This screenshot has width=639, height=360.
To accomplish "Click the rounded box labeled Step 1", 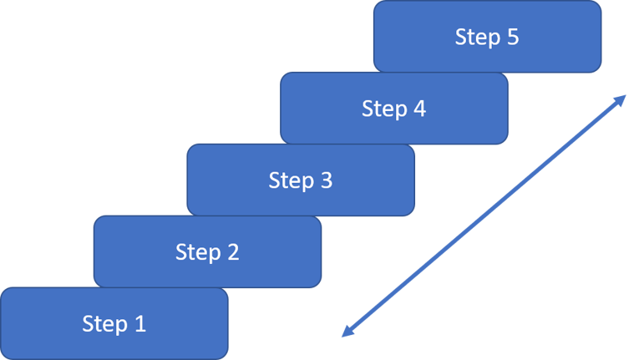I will (114, 323).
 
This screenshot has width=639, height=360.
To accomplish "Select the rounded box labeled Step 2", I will (207, 251).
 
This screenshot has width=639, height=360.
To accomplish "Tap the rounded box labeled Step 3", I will (301, 180).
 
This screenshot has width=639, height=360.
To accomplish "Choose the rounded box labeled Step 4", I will (393, 108).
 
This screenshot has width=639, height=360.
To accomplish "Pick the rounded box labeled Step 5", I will (487, 36).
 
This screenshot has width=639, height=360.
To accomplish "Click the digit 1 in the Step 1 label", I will (140, 323).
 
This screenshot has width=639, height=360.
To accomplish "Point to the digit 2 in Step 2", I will (233, 251).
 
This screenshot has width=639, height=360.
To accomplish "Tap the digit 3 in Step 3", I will (326, 180).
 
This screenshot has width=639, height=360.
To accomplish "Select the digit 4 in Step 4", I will (419, 108).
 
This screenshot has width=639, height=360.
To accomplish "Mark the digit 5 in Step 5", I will (512, 36).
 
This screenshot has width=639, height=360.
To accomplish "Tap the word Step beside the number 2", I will (196, 252).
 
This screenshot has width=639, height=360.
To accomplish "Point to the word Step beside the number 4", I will (383, 109).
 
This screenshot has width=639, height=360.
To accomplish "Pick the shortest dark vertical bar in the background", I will (251, 38).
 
